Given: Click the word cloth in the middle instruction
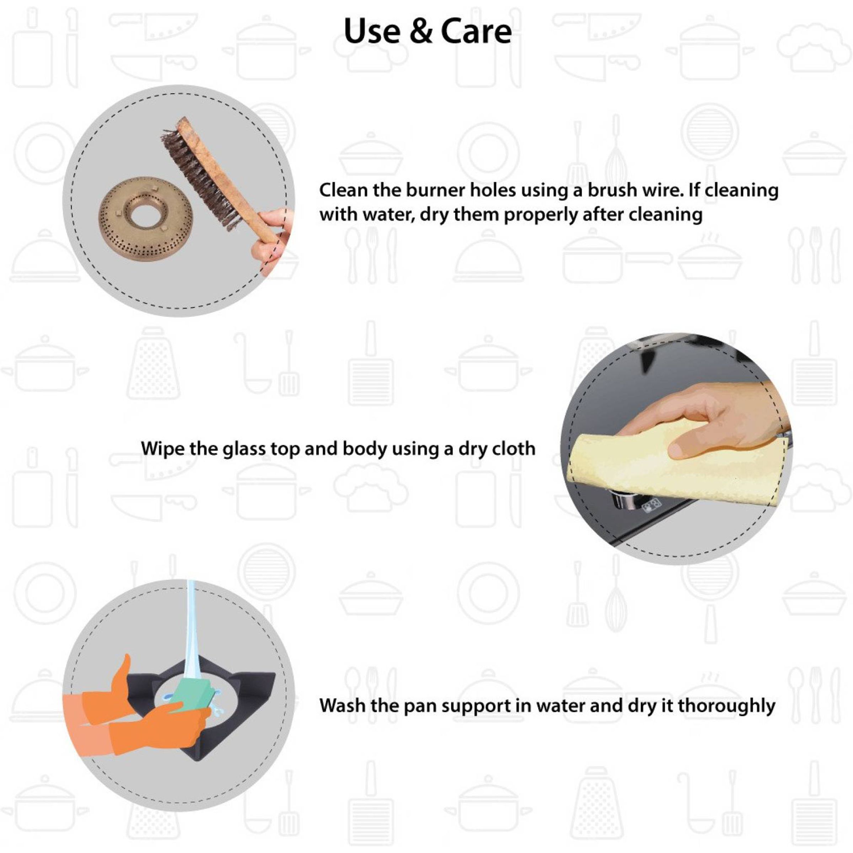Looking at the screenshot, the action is (x=511, y=448).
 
